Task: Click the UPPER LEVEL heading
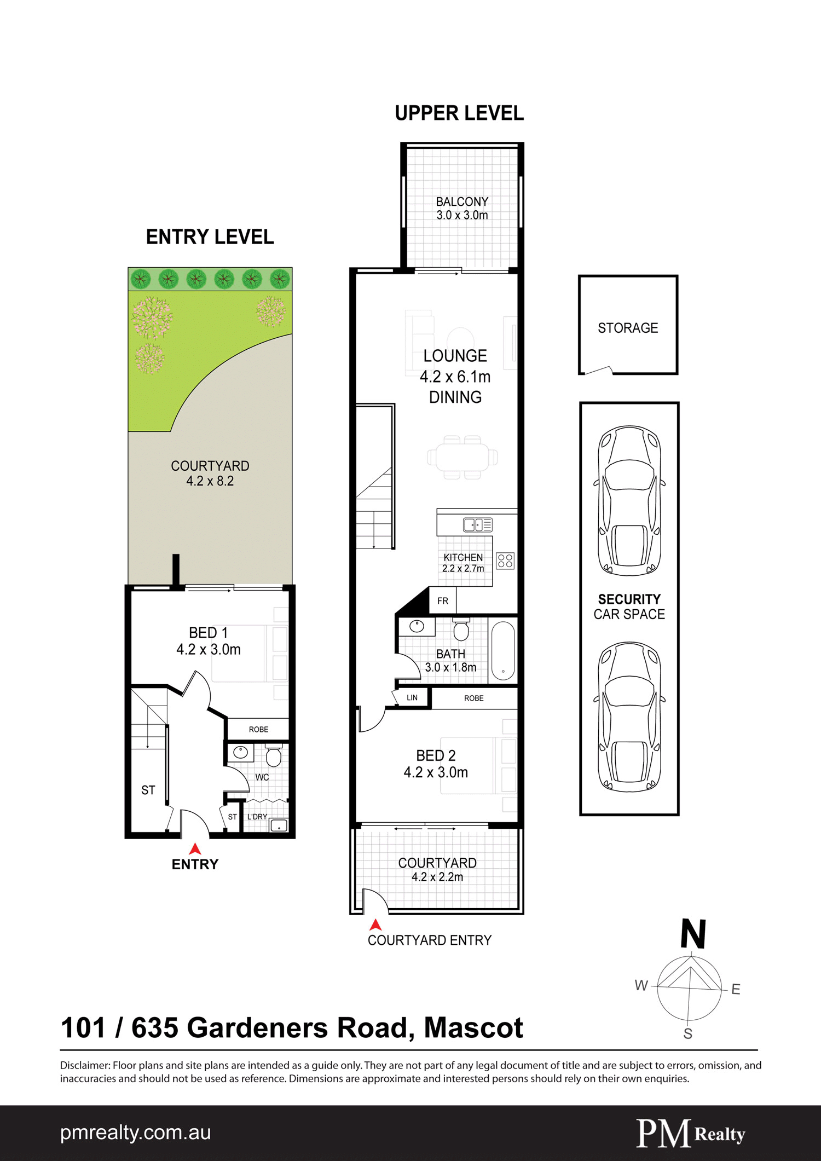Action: (459, 113)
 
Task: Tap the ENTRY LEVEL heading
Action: (210, 237)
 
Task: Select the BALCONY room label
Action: (462, 202)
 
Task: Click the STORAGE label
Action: (628, 328)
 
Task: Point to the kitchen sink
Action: (477, 524)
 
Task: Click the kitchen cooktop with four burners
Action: (505, 561)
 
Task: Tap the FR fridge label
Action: (443, 601)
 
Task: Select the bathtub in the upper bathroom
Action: (503, 650)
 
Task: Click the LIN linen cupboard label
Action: (412, 698)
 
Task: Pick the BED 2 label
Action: (436, 755)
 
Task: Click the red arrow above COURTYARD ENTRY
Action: (375, 925)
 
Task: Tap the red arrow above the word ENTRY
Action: (195, 849)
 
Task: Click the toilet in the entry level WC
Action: (273, 755)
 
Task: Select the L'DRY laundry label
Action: (257, 817)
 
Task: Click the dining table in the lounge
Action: (462, 457)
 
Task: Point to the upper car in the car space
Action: (629, 500)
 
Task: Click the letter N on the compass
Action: (693, 934)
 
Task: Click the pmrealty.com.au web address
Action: (135, 1133)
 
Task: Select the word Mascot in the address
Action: (473, 1028)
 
